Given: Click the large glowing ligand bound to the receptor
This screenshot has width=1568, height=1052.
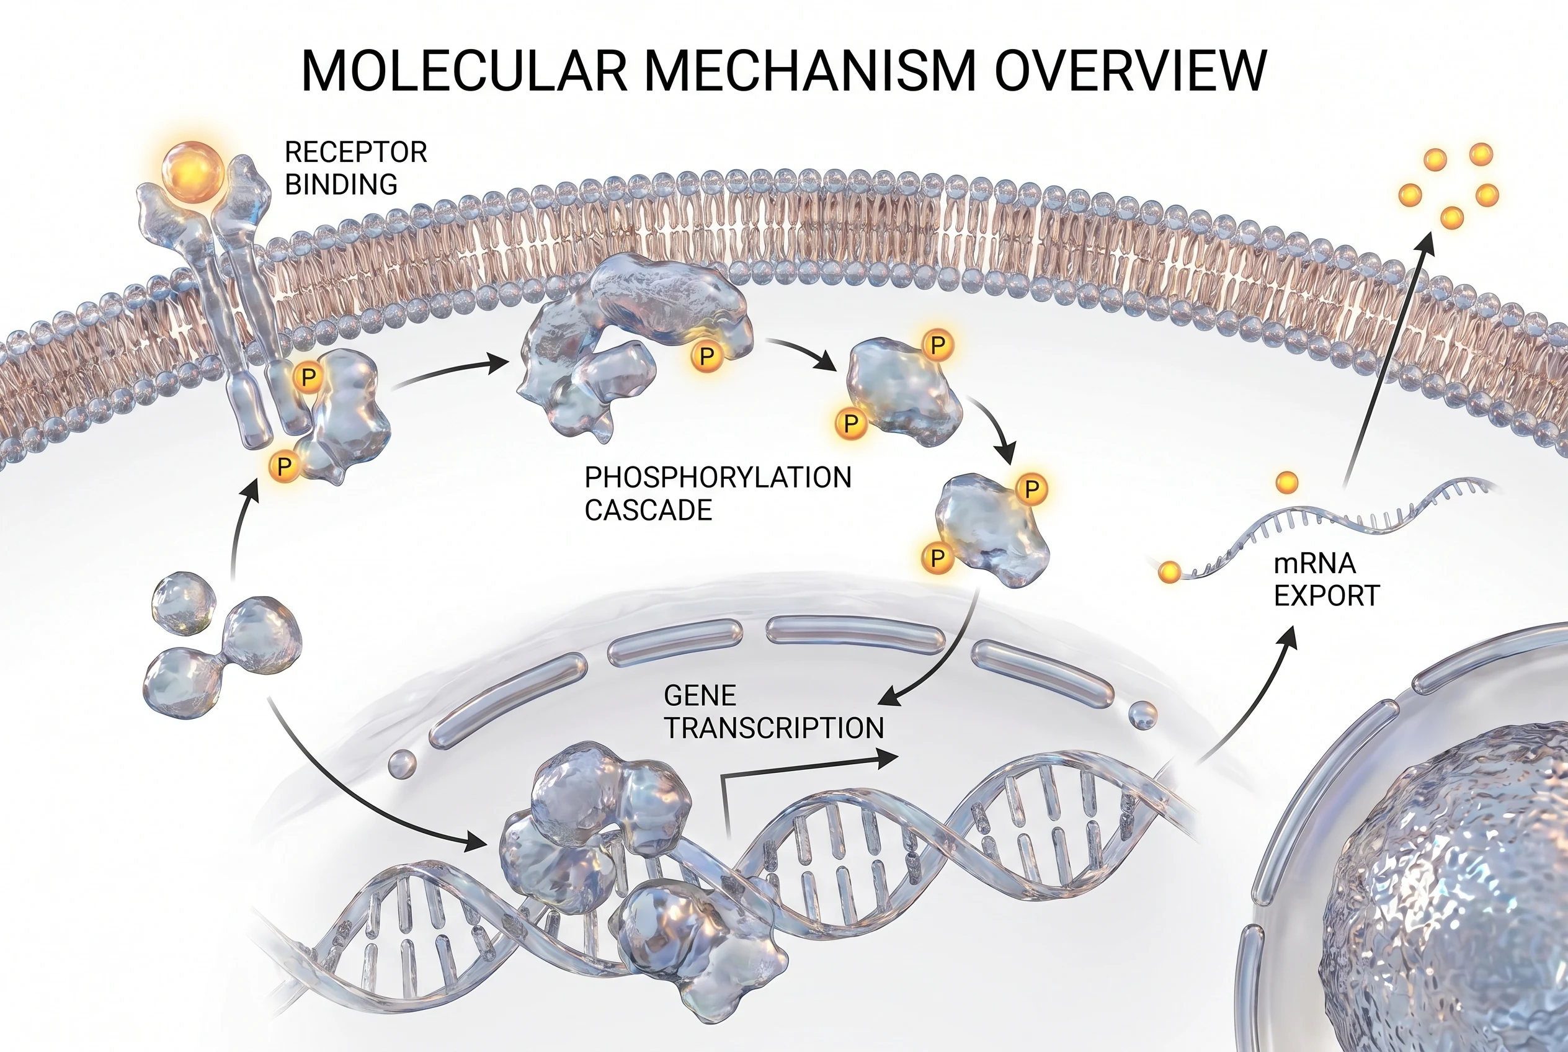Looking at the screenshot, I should (194, 171).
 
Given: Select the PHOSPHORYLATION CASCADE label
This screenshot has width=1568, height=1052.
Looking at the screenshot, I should (716, 493).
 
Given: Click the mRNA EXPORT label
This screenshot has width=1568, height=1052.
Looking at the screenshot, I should (1325, 580).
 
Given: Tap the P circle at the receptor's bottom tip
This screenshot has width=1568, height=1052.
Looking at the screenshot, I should (285, 466).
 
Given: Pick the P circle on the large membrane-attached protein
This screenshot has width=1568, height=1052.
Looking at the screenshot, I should (706, 356).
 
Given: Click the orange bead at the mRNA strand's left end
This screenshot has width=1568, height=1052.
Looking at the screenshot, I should (1169, 573).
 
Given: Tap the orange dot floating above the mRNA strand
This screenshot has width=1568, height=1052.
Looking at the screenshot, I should (1286, 483).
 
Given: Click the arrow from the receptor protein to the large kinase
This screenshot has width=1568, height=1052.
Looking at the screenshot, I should (450, 372).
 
